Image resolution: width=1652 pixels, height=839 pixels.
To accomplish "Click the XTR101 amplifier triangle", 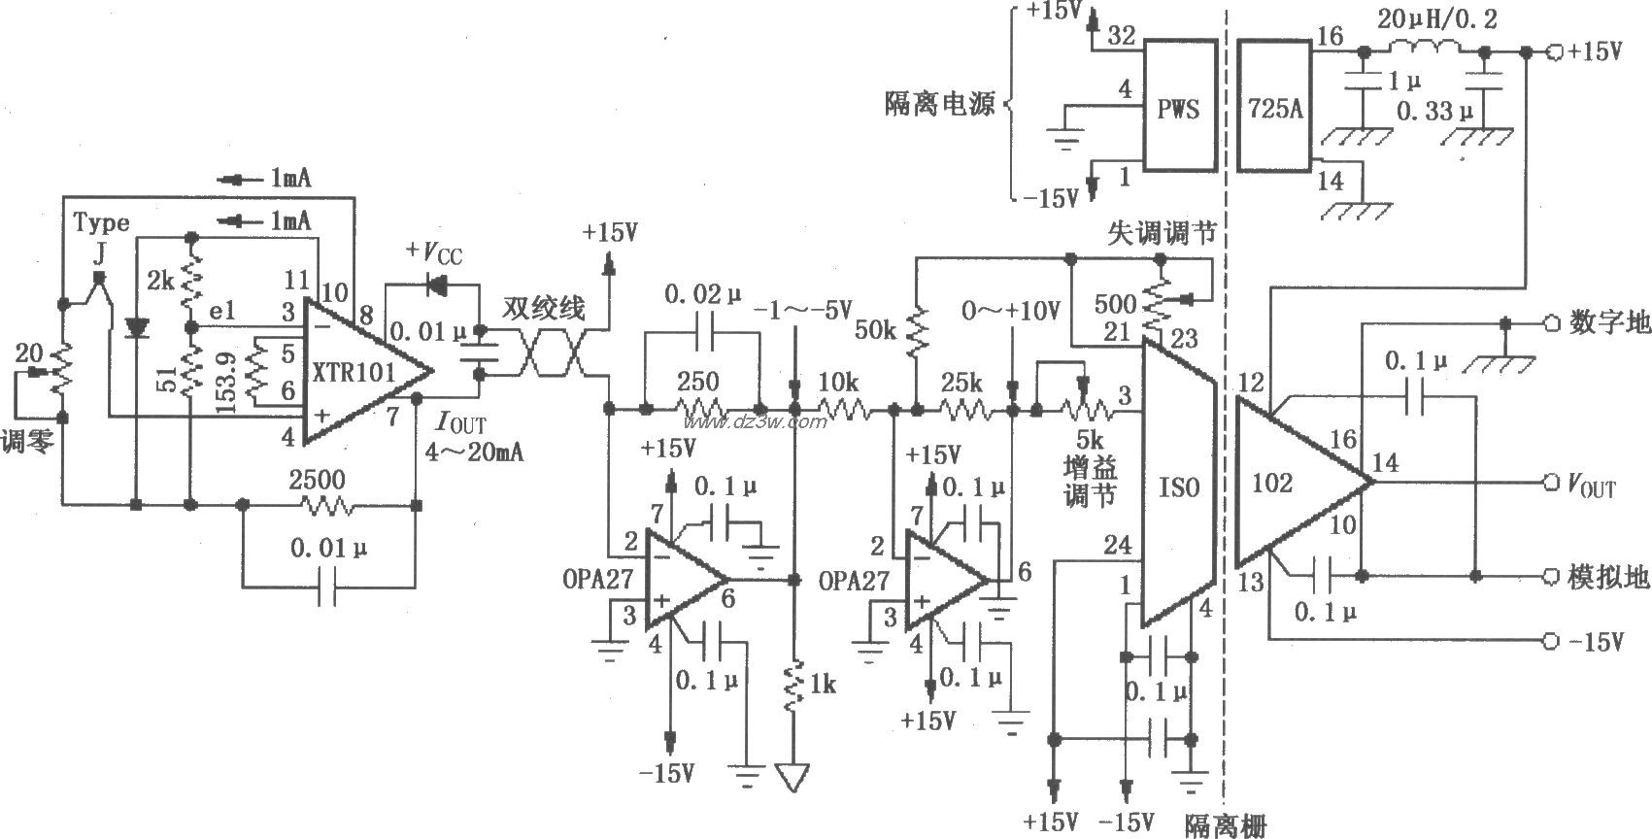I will click(x=359, y=372).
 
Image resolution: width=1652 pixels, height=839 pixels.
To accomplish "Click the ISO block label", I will click(x=1179, y=487).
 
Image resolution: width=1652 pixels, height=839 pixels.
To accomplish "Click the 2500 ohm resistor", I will click(x=328, y=506).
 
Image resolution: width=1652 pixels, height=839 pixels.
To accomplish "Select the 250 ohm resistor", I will click(x=699, y=410).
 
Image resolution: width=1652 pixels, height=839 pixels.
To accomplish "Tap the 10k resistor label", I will click(x=836, y=384).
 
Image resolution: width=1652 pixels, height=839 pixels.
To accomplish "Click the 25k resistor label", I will click(x=961, y=384).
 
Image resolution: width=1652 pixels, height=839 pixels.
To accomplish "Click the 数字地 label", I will click(x=1609, y=323).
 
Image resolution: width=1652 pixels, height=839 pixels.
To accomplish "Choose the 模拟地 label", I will click(x=1609, y=577).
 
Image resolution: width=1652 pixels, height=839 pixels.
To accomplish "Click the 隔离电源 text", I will click(x=939, y=105).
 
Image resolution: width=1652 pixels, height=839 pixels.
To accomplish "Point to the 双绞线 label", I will click(x=544, y=309).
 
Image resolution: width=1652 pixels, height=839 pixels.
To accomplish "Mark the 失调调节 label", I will click(x=1162, y=233).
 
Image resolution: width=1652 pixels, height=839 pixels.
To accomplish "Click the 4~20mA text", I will click(x=474, y=452).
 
